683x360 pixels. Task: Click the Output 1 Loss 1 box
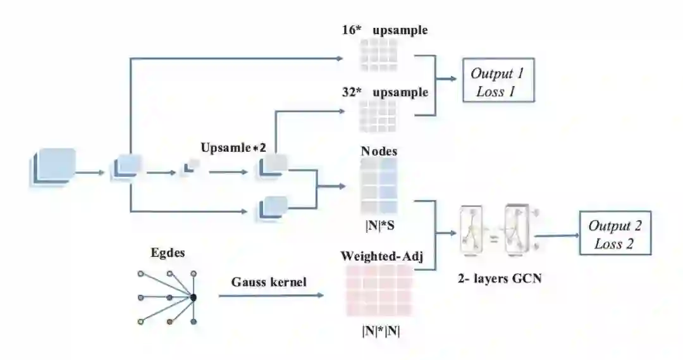[498, 80]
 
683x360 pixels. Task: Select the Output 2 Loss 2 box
[614, 235]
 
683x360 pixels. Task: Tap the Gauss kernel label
[269, 282]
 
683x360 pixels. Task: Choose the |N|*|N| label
[379, 330]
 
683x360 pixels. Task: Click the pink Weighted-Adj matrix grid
[379, 290]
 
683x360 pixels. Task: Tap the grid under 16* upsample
[379, 55]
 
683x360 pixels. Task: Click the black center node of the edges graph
[194, 297]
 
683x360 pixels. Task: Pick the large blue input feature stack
[53, 167]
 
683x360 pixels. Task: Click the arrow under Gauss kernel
[273, 295]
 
